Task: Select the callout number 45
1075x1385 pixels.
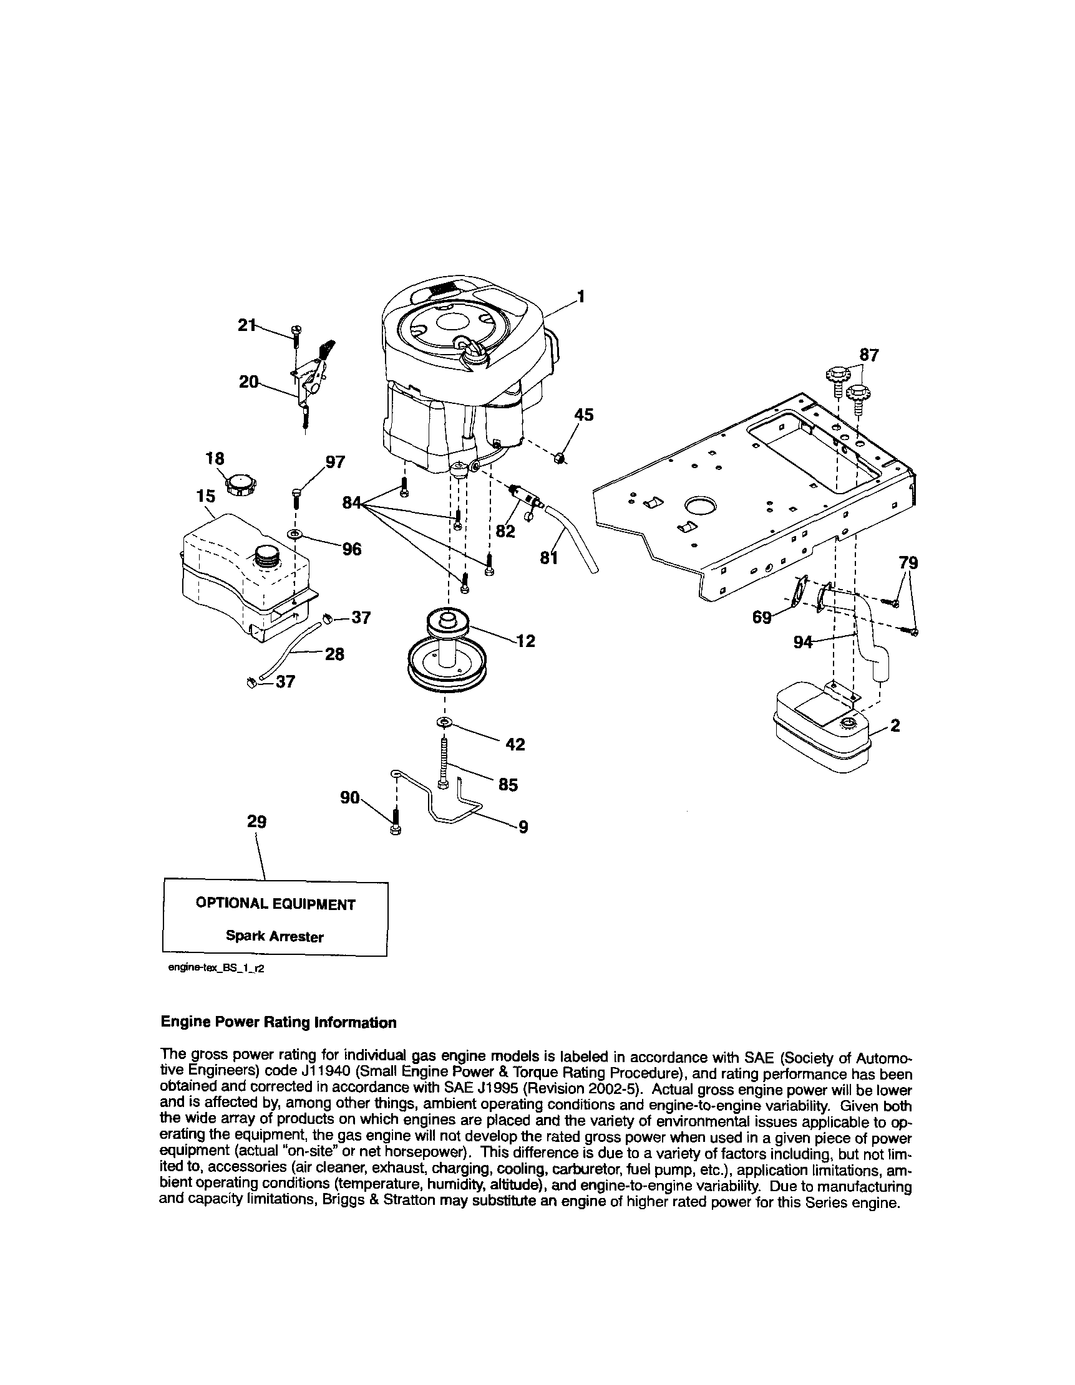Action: pyautogui.click(x=583, y=415)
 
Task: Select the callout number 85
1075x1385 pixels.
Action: pyautogui.click(x=508, y=785)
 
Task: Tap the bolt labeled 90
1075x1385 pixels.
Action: pyautogui.click(x=396, y=823)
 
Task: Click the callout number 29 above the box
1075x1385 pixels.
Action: pyautogui.click(x=256, y=822)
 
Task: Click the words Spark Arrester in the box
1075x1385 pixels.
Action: pyautogui.click(x=275, y=937)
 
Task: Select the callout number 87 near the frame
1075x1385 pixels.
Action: pyautogui.click(x=868, y=356)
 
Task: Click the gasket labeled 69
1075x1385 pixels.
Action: pyautogui.click(x=802, y=587)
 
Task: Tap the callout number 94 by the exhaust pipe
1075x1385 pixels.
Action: pyautogui.click(x=803, y=643)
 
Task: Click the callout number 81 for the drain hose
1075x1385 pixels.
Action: pyautogui.click(x=548, y=558)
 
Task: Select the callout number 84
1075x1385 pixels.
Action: pyautogui.click(x=351, y=503)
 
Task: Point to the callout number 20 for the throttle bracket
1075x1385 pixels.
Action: pyautogui.click(x=248, y=381)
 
